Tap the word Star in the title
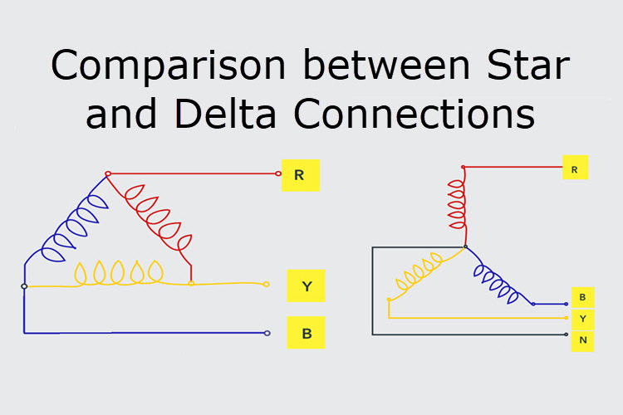[x=527, y=66]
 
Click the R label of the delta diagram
[x=300, y=175]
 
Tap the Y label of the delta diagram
[x=307, y=286]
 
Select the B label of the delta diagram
[x=307, y=334]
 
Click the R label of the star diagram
[x=574, y=168]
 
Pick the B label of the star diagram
[x=582, y=297]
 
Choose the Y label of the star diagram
[x=582, y=318]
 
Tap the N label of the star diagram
[x=582, y=339]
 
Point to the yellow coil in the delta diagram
[x=121, y=273]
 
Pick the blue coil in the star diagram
[x=498, y=278]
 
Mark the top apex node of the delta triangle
[x=107, y=174]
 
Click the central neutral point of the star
[x=464, y=247]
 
